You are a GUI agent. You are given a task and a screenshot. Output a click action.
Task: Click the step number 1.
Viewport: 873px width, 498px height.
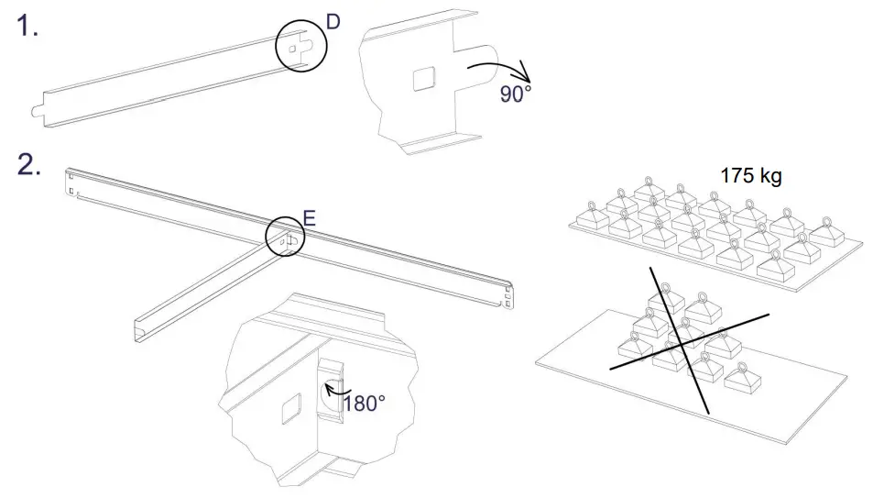[x=26, y=27]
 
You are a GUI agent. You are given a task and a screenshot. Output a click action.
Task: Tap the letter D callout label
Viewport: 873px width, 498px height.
[x=333, y=21]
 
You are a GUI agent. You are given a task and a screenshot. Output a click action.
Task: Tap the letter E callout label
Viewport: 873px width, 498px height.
[x=310, y=218]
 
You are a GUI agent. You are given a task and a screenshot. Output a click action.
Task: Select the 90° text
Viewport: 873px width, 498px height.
[x=515, y=94]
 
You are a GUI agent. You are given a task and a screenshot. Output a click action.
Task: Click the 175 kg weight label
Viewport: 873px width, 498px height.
[x=750, y=175]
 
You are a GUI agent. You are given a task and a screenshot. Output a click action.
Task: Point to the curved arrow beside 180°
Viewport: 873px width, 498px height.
[x=332, y=393]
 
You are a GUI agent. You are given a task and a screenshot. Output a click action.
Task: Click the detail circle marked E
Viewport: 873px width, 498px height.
[x=285, y=238]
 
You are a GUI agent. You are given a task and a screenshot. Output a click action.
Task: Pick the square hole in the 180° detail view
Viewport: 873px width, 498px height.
[x=290, y=409]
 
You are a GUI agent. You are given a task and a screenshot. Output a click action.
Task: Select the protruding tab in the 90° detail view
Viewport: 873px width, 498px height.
[x=481, y=65]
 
